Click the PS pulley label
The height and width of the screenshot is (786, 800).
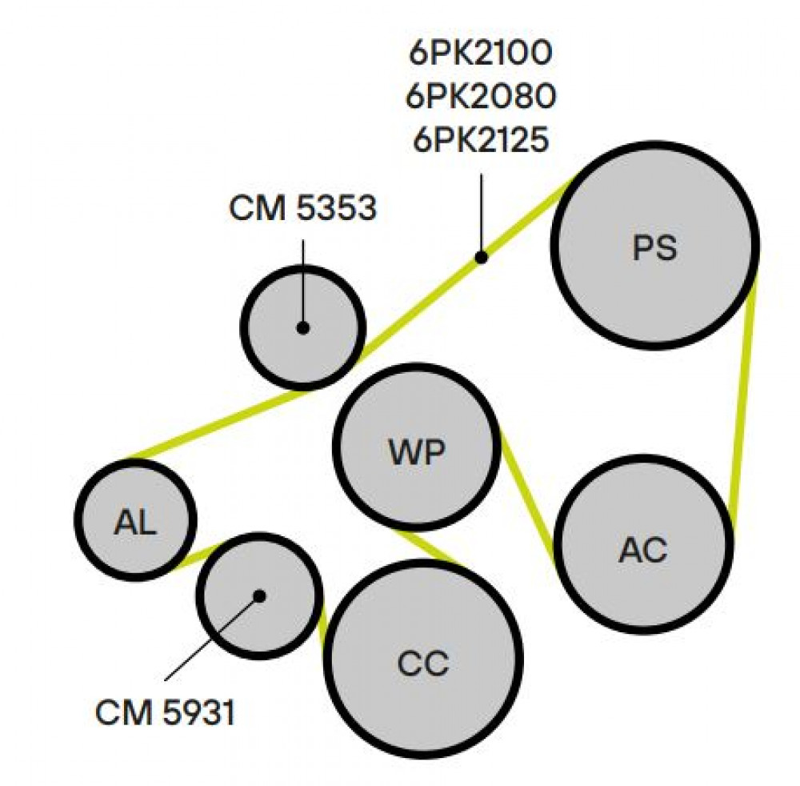[x=654, y=248]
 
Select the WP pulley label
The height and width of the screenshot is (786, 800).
[x=417, y=451]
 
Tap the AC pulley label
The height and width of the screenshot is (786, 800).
[x=643, y=550]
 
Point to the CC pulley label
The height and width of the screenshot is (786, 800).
[x=423, y=663]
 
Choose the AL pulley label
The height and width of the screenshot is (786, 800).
[x=135, y=522]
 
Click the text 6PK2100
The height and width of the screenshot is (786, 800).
[x=481, y=53]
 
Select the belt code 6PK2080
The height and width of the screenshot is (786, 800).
[x=481, y=96]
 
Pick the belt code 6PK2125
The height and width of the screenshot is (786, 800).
[x=481, y=139]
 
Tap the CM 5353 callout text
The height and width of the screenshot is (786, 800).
[x=303, y=208]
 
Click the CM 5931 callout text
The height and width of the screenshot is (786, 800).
[x=166, y=712]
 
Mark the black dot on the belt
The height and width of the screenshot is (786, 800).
[x=481, y=258]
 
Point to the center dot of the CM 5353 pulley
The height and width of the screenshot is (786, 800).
[x=303, y=328]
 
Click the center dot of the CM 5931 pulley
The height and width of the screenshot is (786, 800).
[x=259, y=596]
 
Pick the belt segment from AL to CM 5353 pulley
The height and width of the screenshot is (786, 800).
[x=217, y=423]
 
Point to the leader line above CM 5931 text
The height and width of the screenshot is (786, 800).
[x=212, y=638]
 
